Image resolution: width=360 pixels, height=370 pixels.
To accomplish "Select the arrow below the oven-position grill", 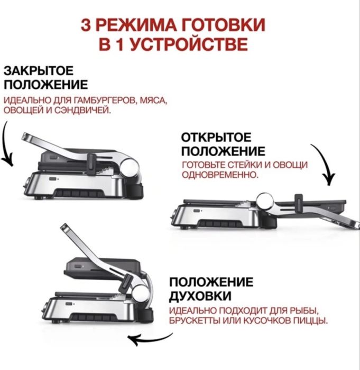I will click(151, 338).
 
